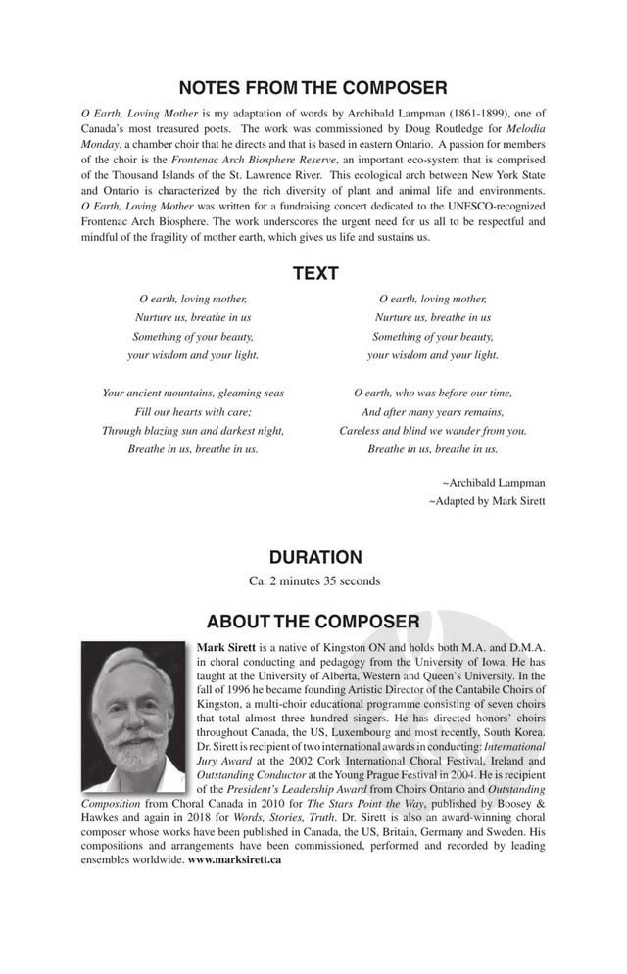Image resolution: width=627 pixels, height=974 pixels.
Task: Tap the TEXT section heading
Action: click(x=313, y=275)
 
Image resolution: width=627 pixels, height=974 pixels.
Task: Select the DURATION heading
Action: click(x=314, y=557)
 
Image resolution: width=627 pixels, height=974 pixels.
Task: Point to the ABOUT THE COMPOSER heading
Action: click(x=313, y=622)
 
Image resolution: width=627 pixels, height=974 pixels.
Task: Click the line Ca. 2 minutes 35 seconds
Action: click(x=314, y=580)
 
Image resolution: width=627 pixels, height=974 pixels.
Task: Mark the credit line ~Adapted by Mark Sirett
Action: click(x=487, y=500)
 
